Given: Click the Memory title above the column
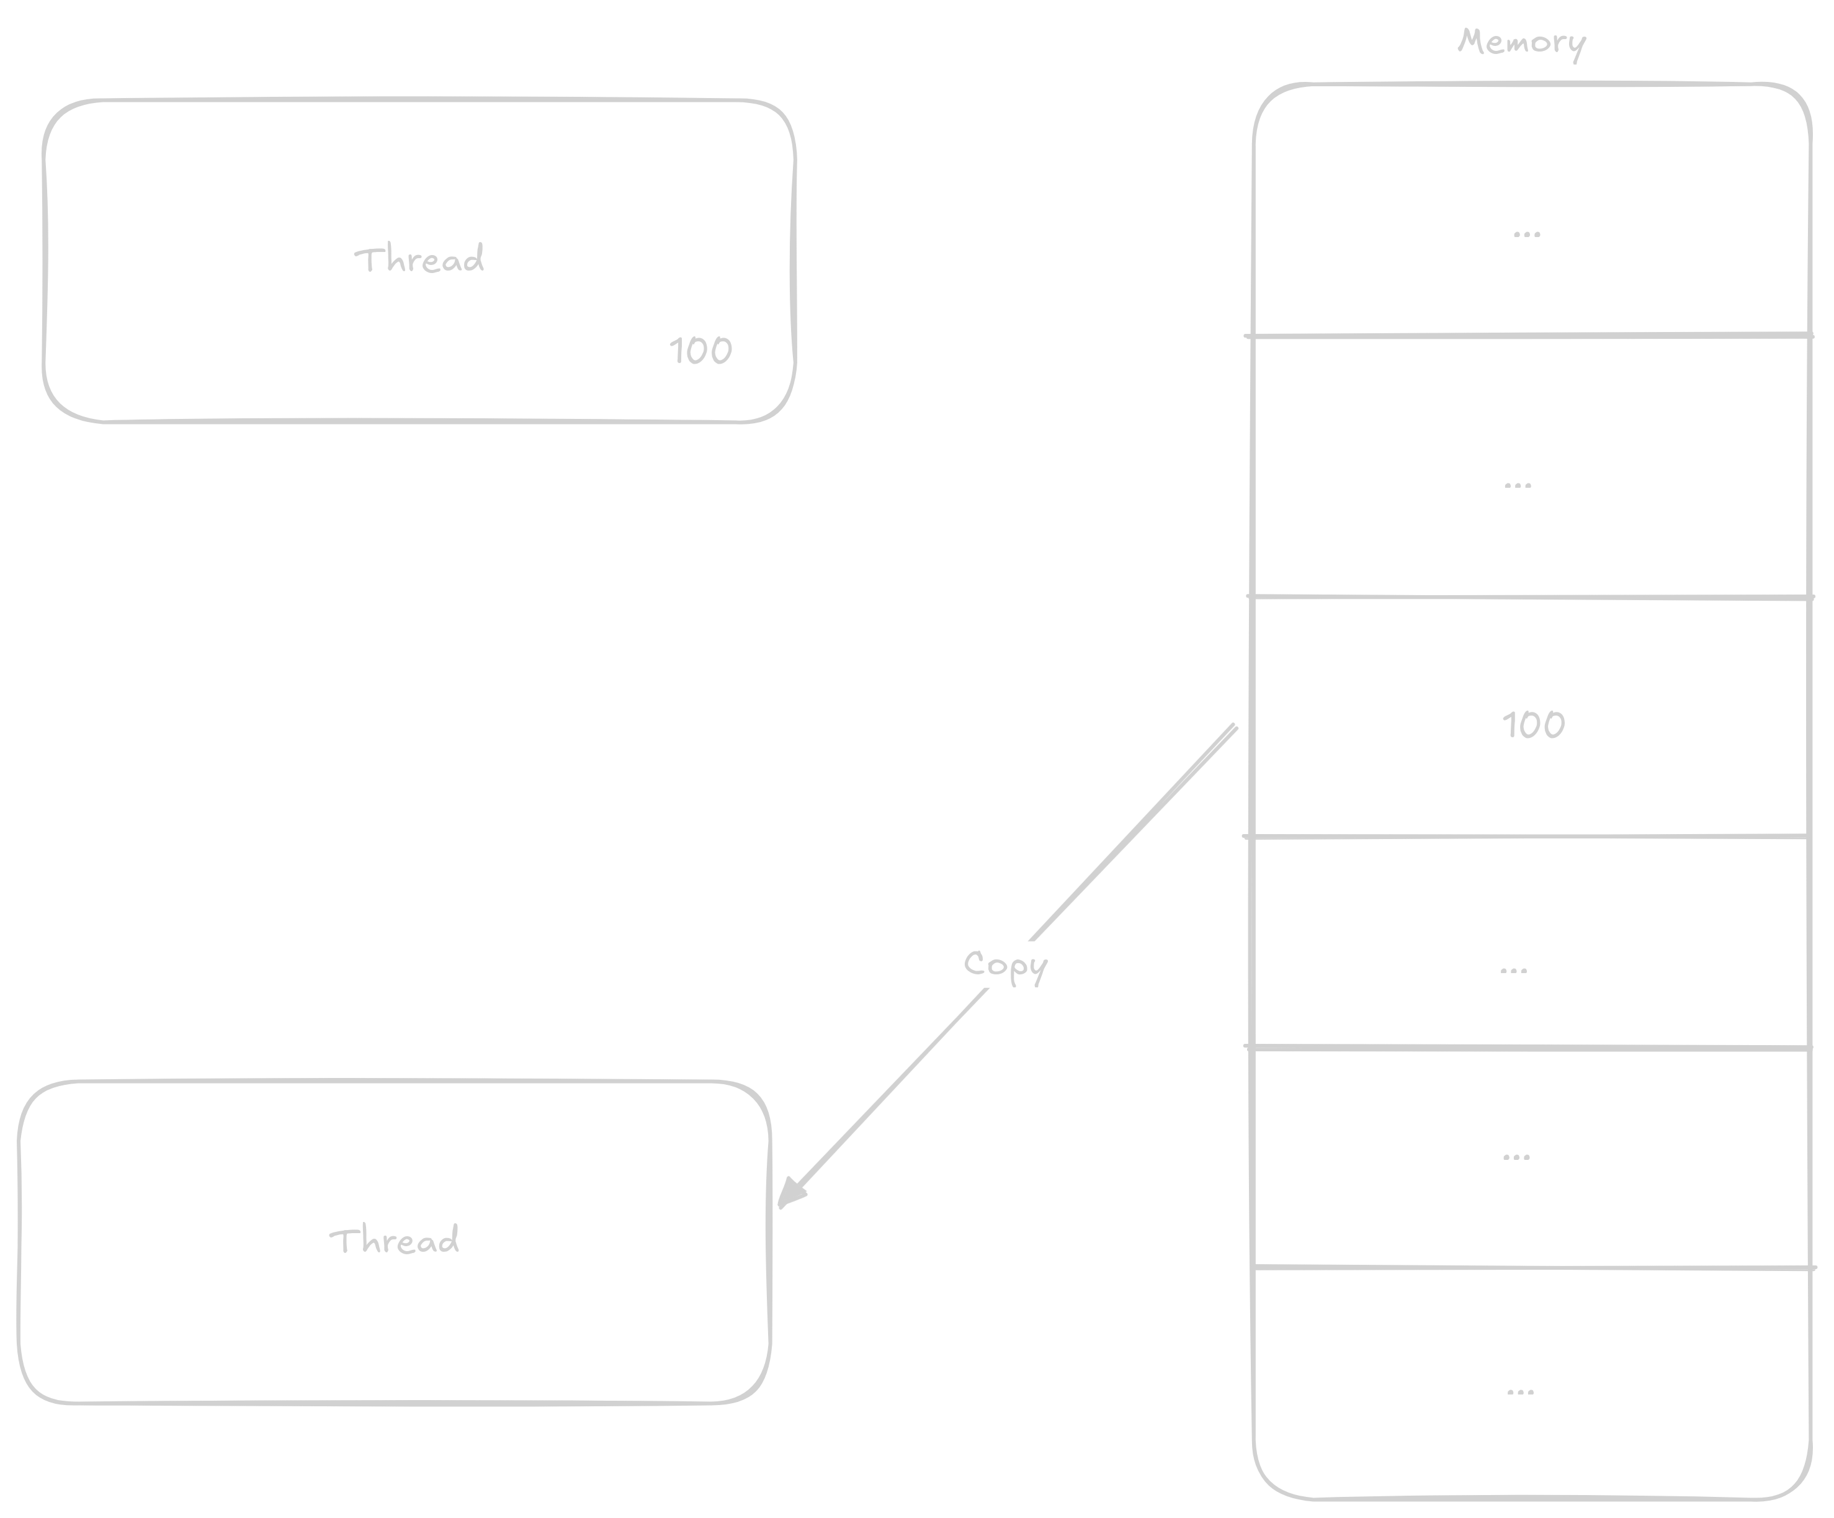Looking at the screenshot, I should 1521,42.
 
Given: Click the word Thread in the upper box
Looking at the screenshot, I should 419,259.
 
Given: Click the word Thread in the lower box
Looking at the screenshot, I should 394,1240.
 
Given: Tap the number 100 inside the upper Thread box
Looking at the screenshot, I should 700,351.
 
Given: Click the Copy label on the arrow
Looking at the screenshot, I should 1004,965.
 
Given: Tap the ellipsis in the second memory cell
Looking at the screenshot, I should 1518,485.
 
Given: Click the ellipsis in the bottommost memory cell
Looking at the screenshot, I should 1521,1391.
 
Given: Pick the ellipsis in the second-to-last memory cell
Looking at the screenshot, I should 1516,1157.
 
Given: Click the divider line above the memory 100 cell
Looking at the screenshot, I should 1528,598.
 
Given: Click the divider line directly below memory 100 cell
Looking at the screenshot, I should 1528,837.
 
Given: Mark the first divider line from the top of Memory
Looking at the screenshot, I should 1528,335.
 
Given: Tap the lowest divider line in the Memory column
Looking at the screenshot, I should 1528,1267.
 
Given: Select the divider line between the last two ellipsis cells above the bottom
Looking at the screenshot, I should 1528,1046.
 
